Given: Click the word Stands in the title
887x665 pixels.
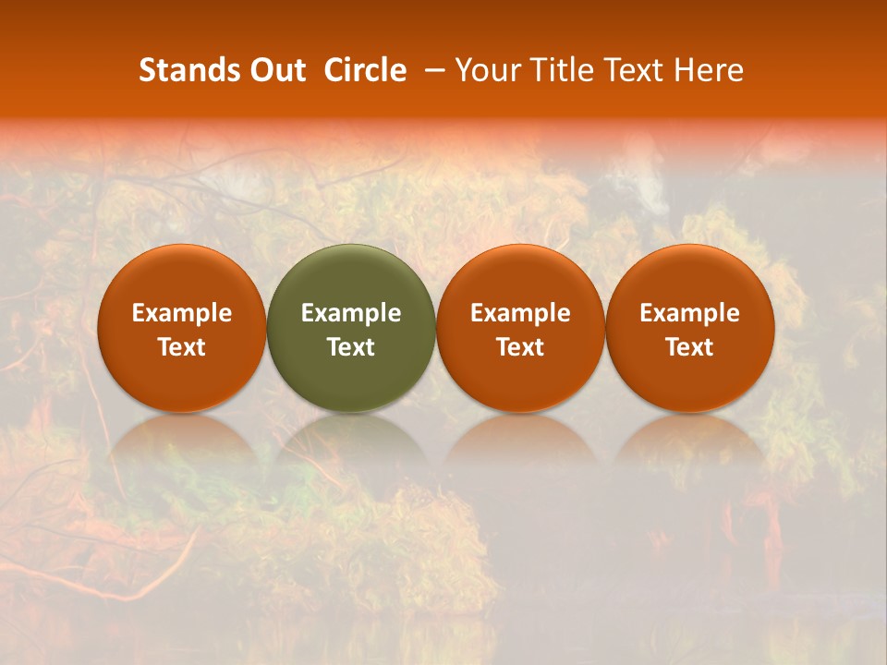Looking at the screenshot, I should click(184, 70).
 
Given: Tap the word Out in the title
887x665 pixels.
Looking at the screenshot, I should click(274, 70).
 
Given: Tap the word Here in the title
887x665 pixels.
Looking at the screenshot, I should click(709, 70).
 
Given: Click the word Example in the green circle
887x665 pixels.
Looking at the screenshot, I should click(351, 313).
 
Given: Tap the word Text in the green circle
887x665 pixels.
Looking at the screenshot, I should click(351, 347).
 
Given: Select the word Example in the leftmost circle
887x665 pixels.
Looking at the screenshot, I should click(181, 313).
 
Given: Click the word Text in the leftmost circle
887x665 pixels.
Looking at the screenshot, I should click(181, 347).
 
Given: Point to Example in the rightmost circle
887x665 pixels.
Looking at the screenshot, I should click(689, 313).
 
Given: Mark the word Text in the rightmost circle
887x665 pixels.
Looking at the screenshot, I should click(689, 347).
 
